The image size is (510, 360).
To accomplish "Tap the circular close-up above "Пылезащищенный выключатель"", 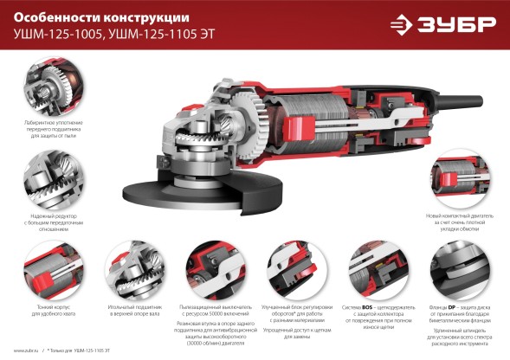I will (209, 265).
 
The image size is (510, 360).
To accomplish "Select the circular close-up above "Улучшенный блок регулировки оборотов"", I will (289, 265).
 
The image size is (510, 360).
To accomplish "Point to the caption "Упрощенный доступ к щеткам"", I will (289, 332).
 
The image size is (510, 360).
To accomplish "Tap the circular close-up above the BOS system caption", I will (373, 265).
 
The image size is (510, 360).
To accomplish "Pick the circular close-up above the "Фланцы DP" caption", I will (458, 265).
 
